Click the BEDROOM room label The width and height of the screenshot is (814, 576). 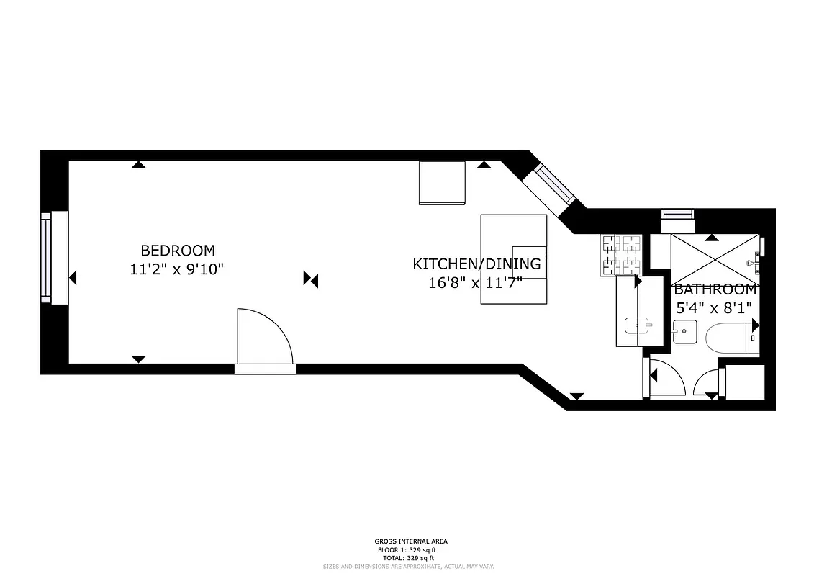[x=177, y=251]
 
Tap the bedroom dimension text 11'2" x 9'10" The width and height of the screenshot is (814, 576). [x=177, y=270]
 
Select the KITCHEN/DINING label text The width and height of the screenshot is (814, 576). [x=476, y=264]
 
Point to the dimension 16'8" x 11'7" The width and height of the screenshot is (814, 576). [x=476, y=283]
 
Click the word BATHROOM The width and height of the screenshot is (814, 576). [x=715, y=290]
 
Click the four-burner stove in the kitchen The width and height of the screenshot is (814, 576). [x=620, y=256]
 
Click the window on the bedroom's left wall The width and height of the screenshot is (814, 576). [x=48, y=258]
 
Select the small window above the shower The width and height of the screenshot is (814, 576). [x=677, y=213]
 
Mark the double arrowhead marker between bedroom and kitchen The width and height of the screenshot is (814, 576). [x=311, y=279]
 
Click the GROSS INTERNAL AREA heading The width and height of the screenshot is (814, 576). [x=407, y=541]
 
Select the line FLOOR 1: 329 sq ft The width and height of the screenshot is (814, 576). [x=407, y=550]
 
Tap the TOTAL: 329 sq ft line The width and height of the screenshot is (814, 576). [x=407, y=558]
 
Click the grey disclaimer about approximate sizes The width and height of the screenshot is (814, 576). [x=407, y=567]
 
